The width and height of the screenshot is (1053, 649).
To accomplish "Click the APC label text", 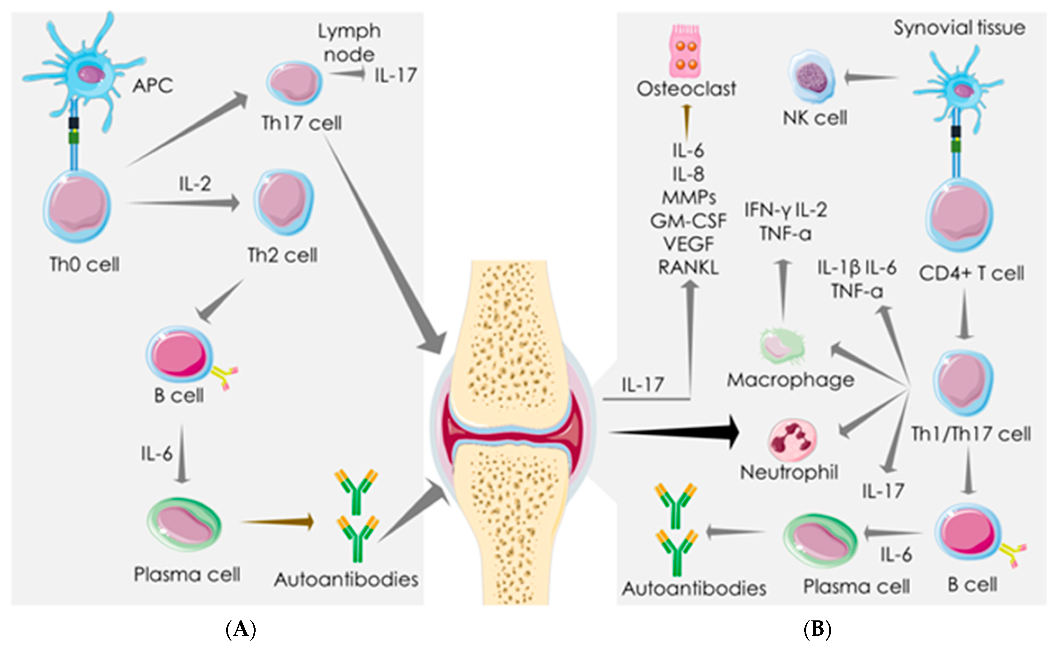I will tap(152, 85).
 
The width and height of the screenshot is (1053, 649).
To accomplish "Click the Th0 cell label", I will tap(85, 264).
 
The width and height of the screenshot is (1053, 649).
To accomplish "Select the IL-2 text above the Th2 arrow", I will tap(195, 184).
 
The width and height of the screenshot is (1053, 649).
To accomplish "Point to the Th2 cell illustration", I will tap(283, 201).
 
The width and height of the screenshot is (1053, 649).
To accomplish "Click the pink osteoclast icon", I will tap(686, 52).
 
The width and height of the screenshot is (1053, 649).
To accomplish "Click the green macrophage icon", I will tap(782, 346).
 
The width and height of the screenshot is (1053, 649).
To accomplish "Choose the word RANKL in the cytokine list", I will tap(688, 268).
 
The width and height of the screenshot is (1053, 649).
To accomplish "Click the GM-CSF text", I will tap(688, 221).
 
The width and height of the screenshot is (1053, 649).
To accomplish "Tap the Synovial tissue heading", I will tap(959, 28).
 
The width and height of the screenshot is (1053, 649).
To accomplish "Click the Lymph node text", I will tap(349, 43).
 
